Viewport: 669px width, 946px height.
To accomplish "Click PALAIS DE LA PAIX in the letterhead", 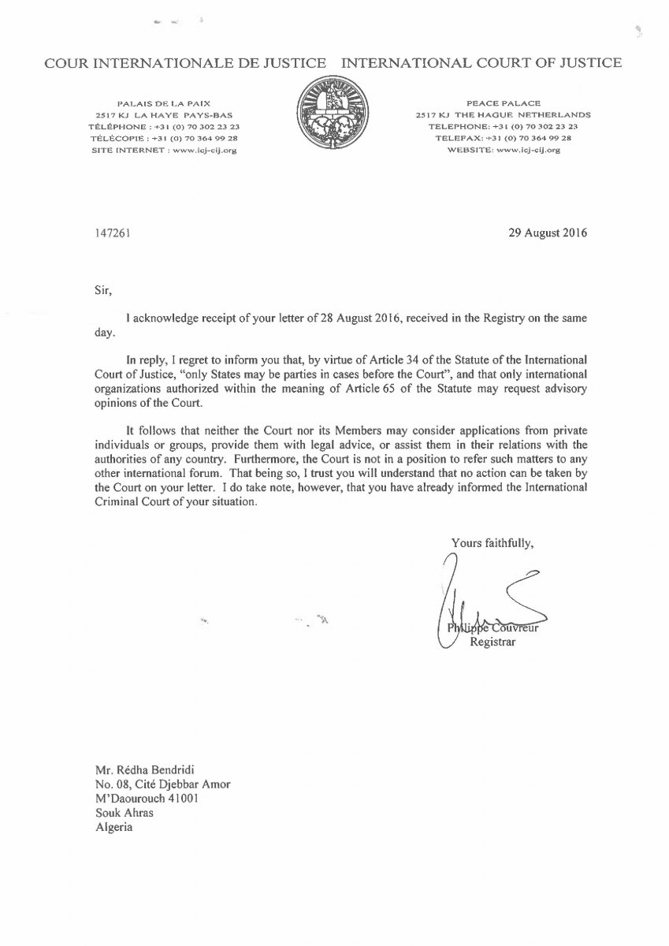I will [x=163, y=103].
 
